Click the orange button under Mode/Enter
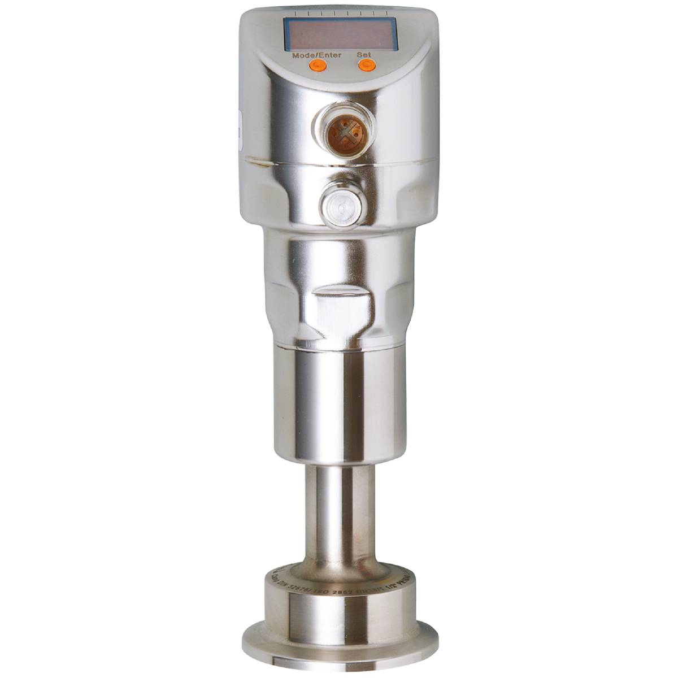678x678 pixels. (x=318, y=66)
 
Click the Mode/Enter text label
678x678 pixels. (x=317, y=55)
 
